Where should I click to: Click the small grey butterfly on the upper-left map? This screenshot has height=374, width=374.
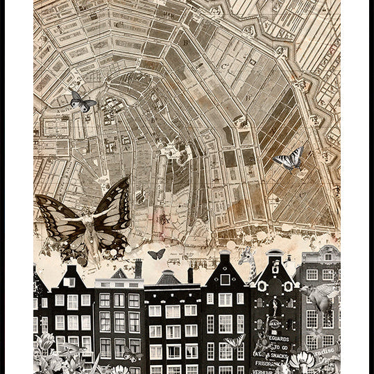coord(82,102)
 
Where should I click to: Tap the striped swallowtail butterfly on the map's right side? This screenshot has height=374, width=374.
coord(289,160)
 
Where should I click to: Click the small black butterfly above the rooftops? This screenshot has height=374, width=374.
coord(157,254)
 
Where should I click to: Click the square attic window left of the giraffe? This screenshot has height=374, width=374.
coord(224,279)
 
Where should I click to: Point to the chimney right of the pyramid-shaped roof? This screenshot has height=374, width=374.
coord(190,274)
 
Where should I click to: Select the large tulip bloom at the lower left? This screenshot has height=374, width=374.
coord(44,343)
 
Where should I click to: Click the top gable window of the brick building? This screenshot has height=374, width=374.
coord(328,257)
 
